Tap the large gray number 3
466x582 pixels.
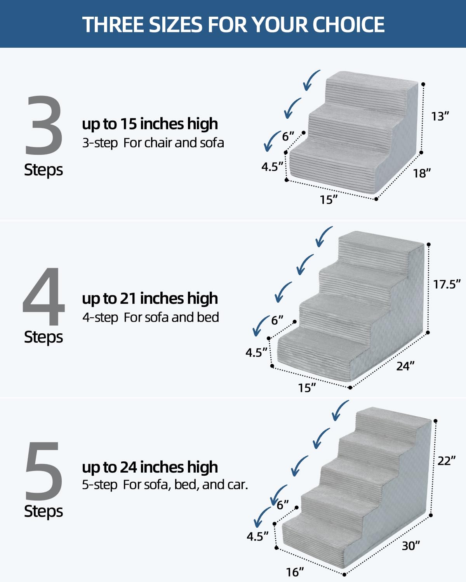pyautogui.click(x=43, y=125)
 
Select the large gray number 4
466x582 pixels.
pyautogui.click(x=43, y=297)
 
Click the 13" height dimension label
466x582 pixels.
pyautogui.click(x=440, y=116)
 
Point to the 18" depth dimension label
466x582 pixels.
pyautogui.click(x=422, y=173)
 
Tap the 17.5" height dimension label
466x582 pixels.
pyautogui.click(x=447, y=284)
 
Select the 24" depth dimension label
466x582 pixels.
pyautogui.click(x=405, y=366)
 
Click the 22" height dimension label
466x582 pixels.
pyautogui.click(x=446, y=461)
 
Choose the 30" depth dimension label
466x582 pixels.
pyautogui.click(x=410, y=546)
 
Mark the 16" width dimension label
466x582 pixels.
pyautogui.click(x=295, y=572)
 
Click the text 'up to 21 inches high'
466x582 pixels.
pyautogui.click(x=150, y=298)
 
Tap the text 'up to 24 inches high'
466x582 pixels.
pyautogui.click(x=150, y=467)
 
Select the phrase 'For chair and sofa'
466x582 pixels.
pyautogui.click(x=174, y=143)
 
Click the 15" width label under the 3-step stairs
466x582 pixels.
pyautogui.click(x=329, y=200)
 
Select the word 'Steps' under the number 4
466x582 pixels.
pyautogui.click(x=43, y=337)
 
